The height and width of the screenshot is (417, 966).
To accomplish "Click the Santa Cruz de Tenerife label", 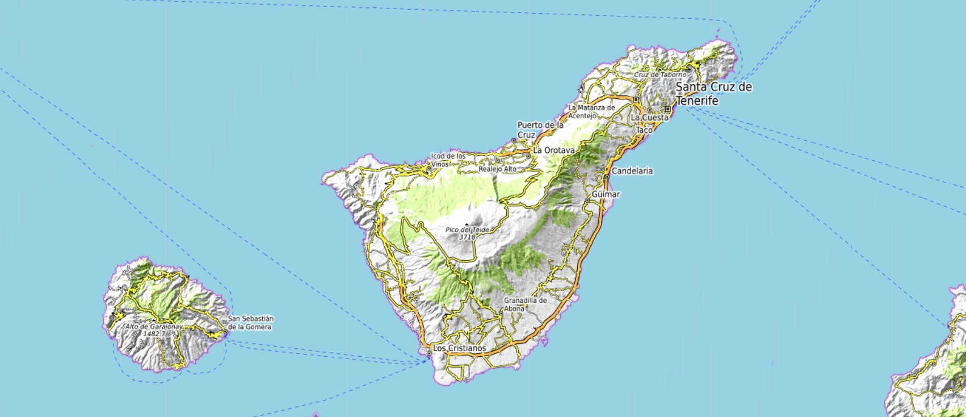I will click(714, 94).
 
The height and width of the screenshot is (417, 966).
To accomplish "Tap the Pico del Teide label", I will click(467, 230).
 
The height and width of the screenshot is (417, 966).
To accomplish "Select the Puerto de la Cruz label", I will click(540, 130).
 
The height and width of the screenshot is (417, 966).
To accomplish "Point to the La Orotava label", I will click(554, 150).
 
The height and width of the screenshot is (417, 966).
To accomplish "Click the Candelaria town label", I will click(632, 171).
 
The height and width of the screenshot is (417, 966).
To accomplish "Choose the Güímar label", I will click(606, 194).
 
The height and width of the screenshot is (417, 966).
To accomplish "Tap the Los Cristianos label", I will click(459, 348).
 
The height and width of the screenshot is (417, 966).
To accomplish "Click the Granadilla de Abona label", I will click(525, 304).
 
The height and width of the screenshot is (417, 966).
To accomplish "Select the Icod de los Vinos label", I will click(448, 159).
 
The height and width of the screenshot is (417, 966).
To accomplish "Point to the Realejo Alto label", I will click(498, 169).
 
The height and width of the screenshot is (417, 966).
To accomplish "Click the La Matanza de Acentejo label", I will click(591, 111).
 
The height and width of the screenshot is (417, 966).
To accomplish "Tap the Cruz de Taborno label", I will click(660, 74).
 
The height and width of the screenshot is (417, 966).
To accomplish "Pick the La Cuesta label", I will click(650, 118).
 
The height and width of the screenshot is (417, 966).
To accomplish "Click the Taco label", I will click(644, 130).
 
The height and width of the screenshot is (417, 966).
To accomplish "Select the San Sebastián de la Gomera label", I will click(251, 323).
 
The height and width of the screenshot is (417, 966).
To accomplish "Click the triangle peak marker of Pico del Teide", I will click(467, 224).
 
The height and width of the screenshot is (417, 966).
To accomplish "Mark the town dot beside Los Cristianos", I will click(429, 353).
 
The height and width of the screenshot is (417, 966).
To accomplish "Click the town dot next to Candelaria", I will click(606, 177).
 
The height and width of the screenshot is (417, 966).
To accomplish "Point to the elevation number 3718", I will click(467, 237).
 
